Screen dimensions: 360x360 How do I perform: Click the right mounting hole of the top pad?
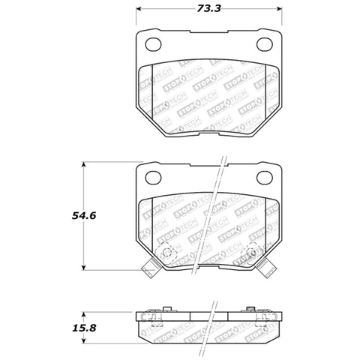pyautogui.click(x=266, y=44)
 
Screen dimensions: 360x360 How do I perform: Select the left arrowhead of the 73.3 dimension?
pyautogui.click(x=139, y=11)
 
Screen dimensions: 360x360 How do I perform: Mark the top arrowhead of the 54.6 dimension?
pyautogui.click(x=84, y=163)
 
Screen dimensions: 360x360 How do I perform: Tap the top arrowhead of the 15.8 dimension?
pyautogui.click(x=84, y=311)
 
